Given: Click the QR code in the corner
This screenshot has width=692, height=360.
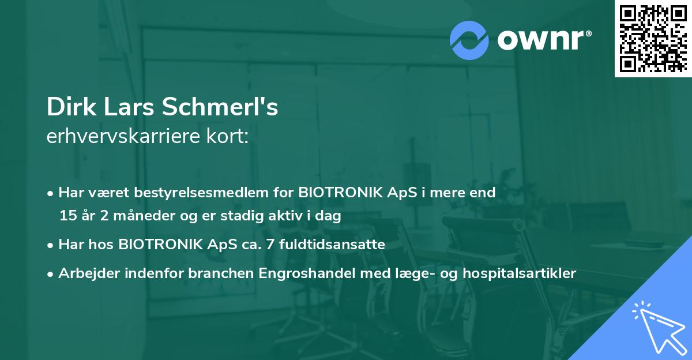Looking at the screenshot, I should coord(653,38).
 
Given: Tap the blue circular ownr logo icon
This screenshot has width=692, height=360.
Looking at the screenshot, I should coord(469,40).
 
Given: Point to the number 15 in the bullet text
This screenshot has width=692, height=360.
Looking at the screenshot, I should coord(66,216).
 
